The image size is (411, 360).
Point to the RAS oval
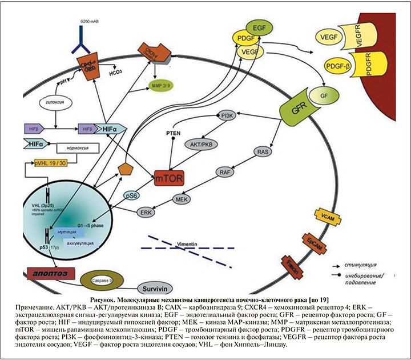pos(263,153)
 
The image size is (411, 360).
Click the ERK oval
pos(147,212)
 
